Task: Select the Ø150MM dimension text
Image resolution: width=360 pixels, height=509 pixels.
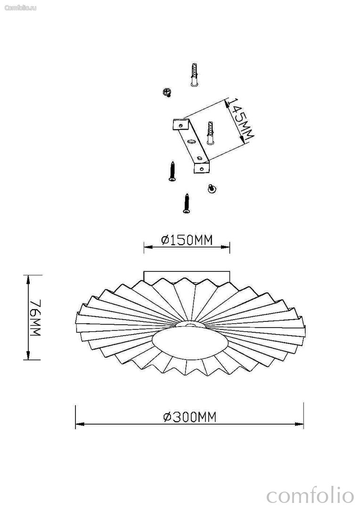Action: [187, 240]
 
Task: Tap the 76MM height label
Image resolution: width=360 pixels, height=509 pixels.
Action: [35, 318]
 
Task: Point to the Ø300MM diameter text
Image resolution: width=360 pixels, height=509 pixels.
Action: [189, 417]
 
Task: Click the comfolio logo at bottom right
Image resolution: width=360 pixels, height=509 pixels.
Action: [310, 496]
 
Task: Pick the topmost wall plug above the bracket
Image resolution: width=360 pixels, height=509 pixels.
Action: [194, 74]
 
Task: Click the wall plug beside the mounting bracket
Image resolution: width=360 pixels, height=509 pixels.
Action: [210, 133]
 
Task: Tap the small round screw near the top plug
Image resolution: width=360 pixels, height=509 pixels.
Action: [167, 92]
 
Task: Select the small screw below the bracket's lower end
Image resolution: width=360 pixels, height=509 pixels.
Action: [212, 189]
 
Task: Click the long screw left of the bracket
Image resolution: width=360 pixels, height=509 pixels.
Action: [172, 172]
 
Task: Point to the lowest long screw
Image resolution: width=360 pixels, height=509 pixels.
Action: [186, 204]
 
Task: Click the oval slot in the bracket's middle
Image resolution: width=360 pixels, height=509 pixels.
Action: [192, 141]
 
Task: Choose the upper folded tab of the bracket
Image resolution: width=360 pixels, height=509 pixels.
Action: [181, 124]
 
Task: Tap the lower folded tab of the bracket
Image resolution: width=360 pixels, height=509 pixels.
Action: [202, 167]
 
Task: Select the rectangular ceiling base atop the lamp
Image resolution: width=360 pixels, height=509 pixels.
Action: [187, 275]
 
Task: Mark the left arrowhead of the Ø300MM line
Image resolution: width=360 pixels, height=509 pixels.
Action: [80, 424]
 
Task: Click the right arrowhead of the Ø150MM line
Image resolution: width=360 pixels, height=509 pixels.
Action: [225, 247]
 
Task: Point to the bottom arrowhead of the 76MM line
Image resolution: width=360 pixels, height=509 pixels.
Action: [29, 355]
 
